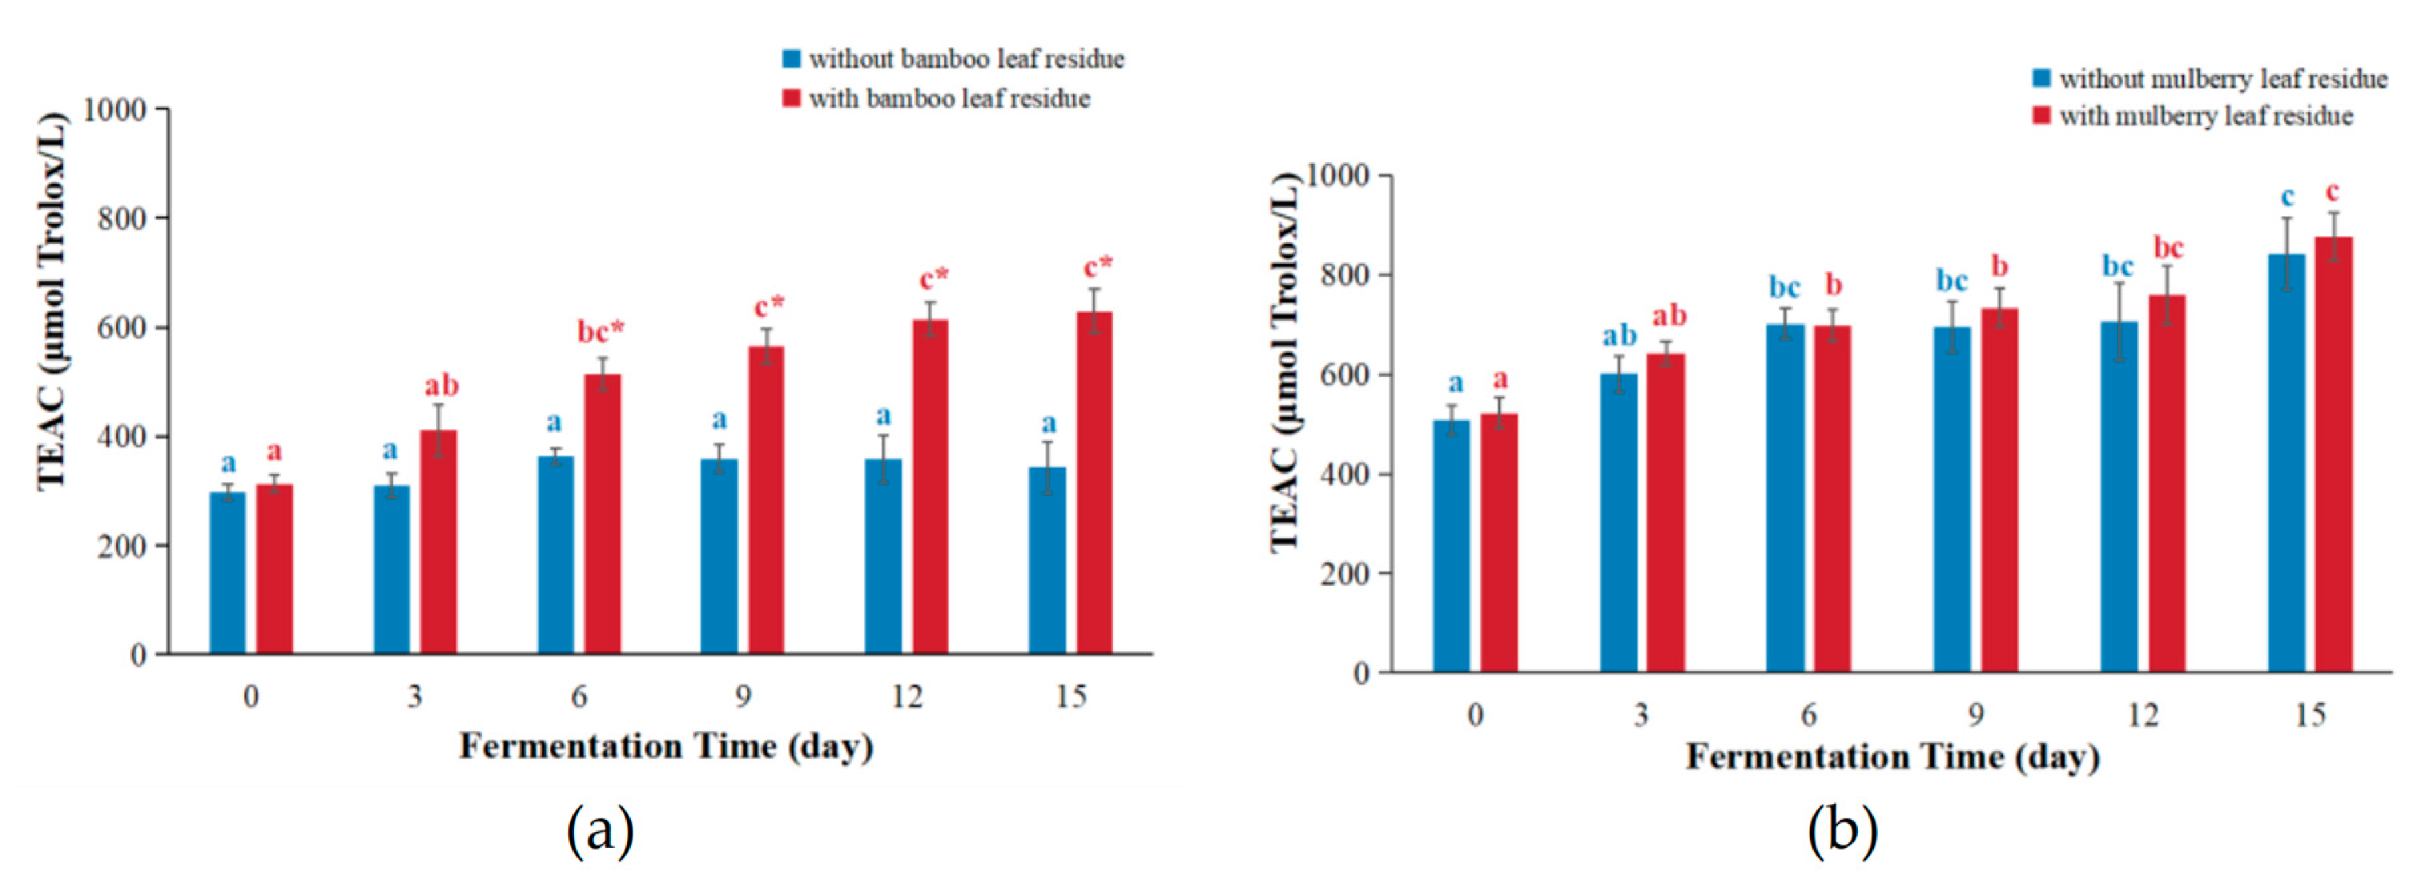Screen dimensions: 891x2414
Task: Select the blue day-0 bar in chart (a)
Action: pos(228,572)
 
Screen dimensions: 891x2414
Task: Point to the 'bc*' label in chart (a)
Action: pos(600,331)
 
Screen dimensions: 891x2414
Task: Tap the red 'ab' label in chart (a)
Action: pos(441,385)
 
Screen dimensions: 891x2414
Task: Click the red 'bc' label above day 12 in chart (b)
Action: pos(2168,248)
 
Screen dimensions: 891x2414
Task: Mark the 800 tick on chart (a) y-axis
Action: pos(122,219)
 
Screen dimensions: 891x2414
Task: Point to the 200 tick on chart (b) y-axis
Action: pos(1344,574)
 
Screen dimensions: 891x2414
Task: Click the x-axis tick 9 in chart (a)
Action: pos(742,696)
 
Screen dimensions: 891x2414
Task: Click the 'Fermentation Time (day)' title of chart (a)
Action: pos(665,747)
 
